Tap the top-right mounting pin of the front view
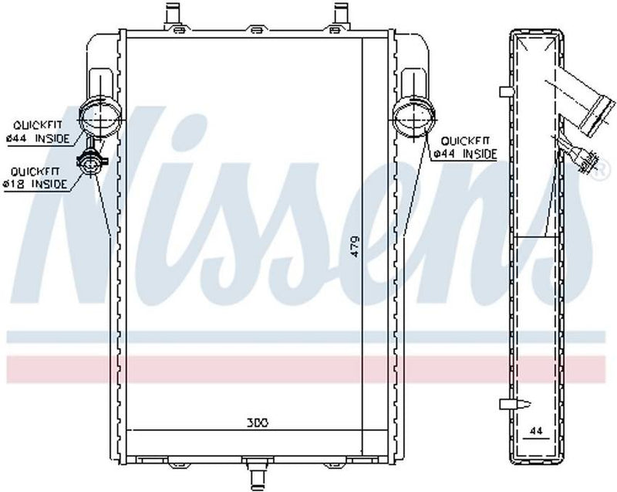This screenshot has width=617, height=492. (x=339, y=13)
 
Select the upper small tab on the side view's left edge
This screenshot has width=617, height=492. (x=505, y=93)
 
